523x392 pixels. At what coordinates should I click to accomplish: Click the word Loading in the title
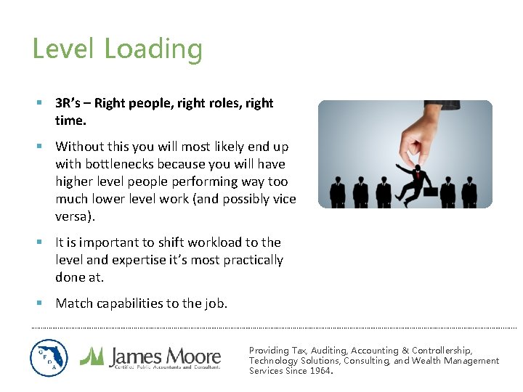[x=153, y=49]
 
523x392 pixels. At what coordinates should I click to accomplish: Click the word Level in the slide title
[x=64, y=49]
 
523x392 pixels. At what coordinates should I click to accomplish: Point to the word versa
[x=73, y=216]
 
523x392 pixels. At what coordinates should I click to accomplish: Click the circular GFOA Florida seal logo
[x=49, y=358]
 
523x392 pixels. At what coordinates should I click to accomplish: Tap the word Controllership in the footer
[x=441, y=350]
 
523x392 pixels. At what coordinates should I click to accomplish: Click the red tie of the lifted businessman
[x=418, y=172]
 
